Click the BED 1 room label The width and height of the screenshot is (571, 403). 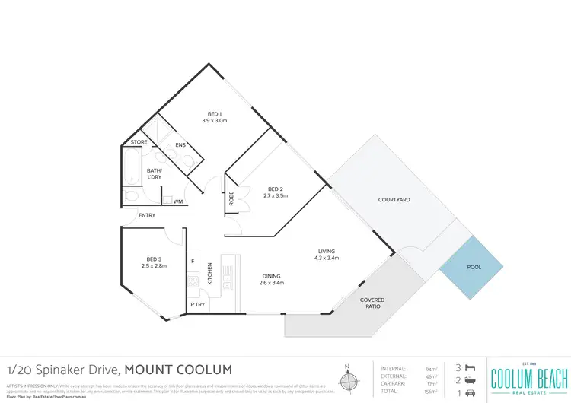[x=215, y=114]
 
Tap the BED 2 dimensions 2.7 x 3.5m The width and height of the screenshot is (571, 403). [x=276, y=196]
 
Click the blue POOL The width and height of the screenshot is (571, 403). [x=474, y=268]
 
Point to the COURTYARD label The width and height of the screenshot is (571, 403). [x=394, y=200]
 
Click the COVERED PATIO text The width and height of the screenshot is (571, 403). [x=372, y=303]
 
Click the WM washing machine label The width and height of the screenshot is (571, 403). [x=177, y=201]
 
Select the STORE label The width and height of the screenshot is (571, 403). [x=139, y=142]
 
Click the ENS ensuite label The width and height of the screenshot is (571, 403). [x=180, y=145]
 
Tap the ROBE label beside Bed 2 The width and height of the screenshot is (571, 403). [x=231, y=198]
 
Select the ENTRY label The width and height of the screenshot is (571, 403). [x=147, y=216]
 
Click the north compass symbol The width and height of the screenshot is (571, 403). [x=349, y=379]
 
